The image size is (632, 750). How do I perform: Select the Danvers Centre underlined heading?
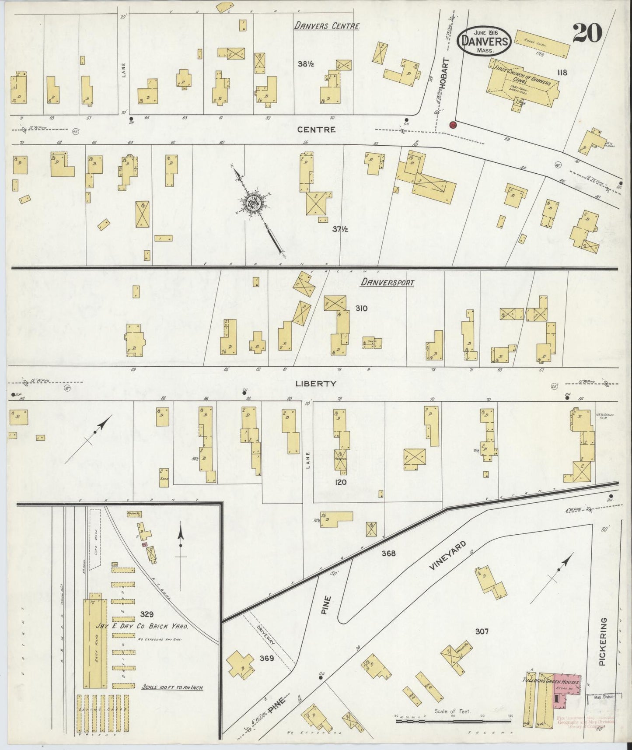point(327,26)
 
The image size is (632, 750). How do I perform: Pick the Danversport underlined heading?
point(387,283)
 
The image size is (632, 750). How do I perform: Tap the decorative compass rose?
point(254,202)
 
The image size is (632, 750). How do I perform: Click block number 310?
point(361,308)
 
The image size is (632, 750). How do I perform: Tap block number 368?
point(388,553)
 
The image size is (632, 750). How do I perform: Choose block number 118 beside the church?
point(562,73)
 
